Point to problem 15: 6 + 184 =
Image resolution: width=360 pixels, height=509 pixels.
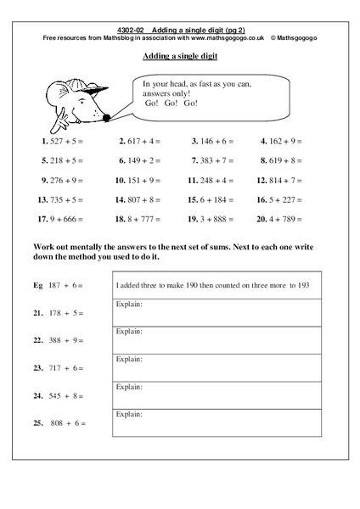(212, 200)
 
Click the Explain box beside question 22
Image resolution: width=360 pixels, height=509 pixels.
(217, 341)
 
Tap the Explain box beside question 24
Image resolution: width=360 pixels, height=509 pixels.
(217, 395)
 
